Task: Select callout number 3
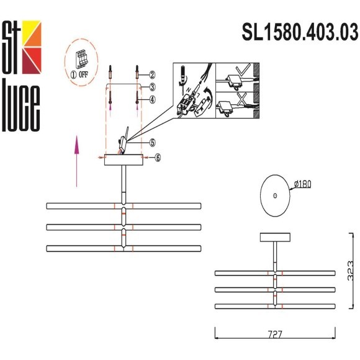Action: (151, 87)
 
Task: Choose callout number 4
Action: (151, 99)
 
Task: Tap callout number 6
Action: (158, 158)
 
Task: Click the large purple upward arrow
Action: (76, 161)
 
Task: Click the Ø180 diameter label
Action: (302, 183)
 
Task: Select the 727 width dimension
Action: (275, 335)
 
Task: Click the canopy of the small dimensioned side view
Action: (275, 236)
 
